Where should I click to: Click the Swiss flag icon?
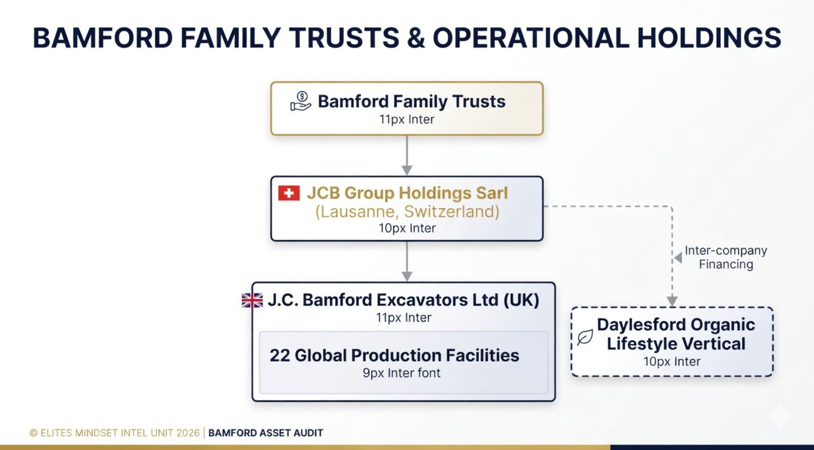(288, 193)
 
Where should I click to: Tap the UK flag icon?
(252, 301)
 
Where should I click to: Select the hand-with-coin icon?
(300, 101)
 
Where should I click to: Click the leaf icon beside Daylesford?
(586, 337)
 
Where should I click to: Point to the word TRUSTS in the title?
(344, 38)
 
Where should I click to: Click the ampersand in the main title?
(416, 38)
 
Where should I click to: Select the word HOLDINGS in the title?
(709, 38)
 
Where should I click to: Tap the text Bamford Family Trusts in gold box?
(412, 101)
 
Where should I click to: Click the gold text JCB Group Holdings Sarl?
(407, 193)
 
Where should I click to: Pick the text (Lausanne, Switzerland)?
(407, 212)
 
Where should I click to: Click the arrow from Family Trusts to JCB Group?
(406, 156)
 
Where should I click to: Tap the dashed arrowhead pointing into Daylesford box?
(672, 301)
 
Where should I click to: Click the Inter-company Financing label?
(725, 257)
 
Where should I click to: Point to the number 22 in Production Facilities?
(279, 355)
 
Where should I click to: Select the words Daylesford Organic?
(676, 324)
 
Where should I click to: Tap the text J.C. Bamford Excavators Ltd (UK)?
(403, 300)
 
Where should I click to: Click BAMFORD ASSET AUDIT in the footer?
(266, 433)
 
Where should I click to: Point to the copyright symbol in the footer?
(34, 433)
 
